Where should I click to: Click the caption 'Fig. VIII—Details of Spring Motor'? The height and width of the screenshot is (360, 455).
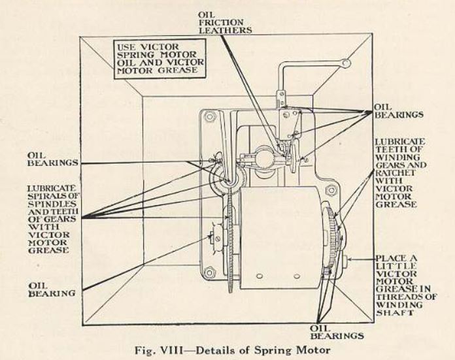[x=227, y=348]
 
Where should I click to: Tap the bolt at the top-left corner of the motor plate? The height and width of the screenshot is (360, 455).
[x=210, y=118]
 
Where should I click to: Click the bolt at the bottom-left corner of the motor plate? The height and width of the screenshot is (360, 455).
[x=210, y=272]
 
